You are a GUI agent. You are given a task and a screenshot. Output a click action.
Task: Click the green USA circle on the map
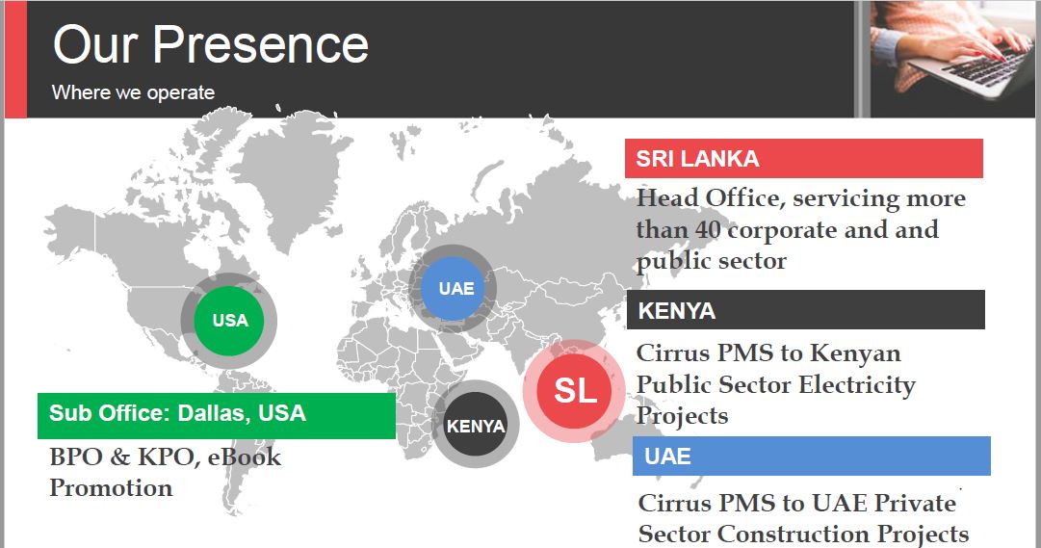click(229, 320)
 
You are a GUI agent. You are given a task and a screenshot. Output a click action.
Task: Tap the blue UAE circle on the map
click(453, 289)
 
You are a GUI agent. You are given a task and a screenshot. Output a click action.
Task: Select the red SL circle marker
click(574, 391)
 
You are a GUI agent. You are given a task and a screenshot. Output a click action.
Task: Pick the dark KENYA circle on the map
click(476, 425)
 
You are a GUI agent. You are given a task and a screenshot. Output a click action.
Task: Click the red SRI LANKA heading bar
click(803, 158)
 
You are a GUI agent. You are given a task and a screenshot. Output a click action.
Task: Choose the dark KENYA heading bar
click(805, 309)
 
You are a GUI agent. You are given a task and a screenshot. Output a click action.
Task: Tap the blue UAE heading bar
click(811, 456)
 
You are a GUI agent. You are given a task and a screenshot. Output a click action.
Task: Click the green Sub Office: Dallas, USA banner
click(217, 415)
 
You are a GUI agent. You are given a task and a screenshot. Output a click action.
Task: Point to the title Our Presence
click(211, 44)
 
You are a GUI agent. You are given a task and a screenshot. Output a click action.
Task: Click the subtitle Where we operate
click(134, 92)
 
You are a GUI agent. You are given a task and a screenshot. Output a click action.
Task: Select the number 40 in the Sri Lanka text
click(708, 230)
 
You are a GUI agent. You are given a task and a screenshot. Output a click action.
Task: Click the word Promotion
click(111, 488)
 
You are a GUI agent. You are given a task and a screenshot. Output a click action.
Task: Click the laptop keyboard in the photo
click(987, 65)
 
